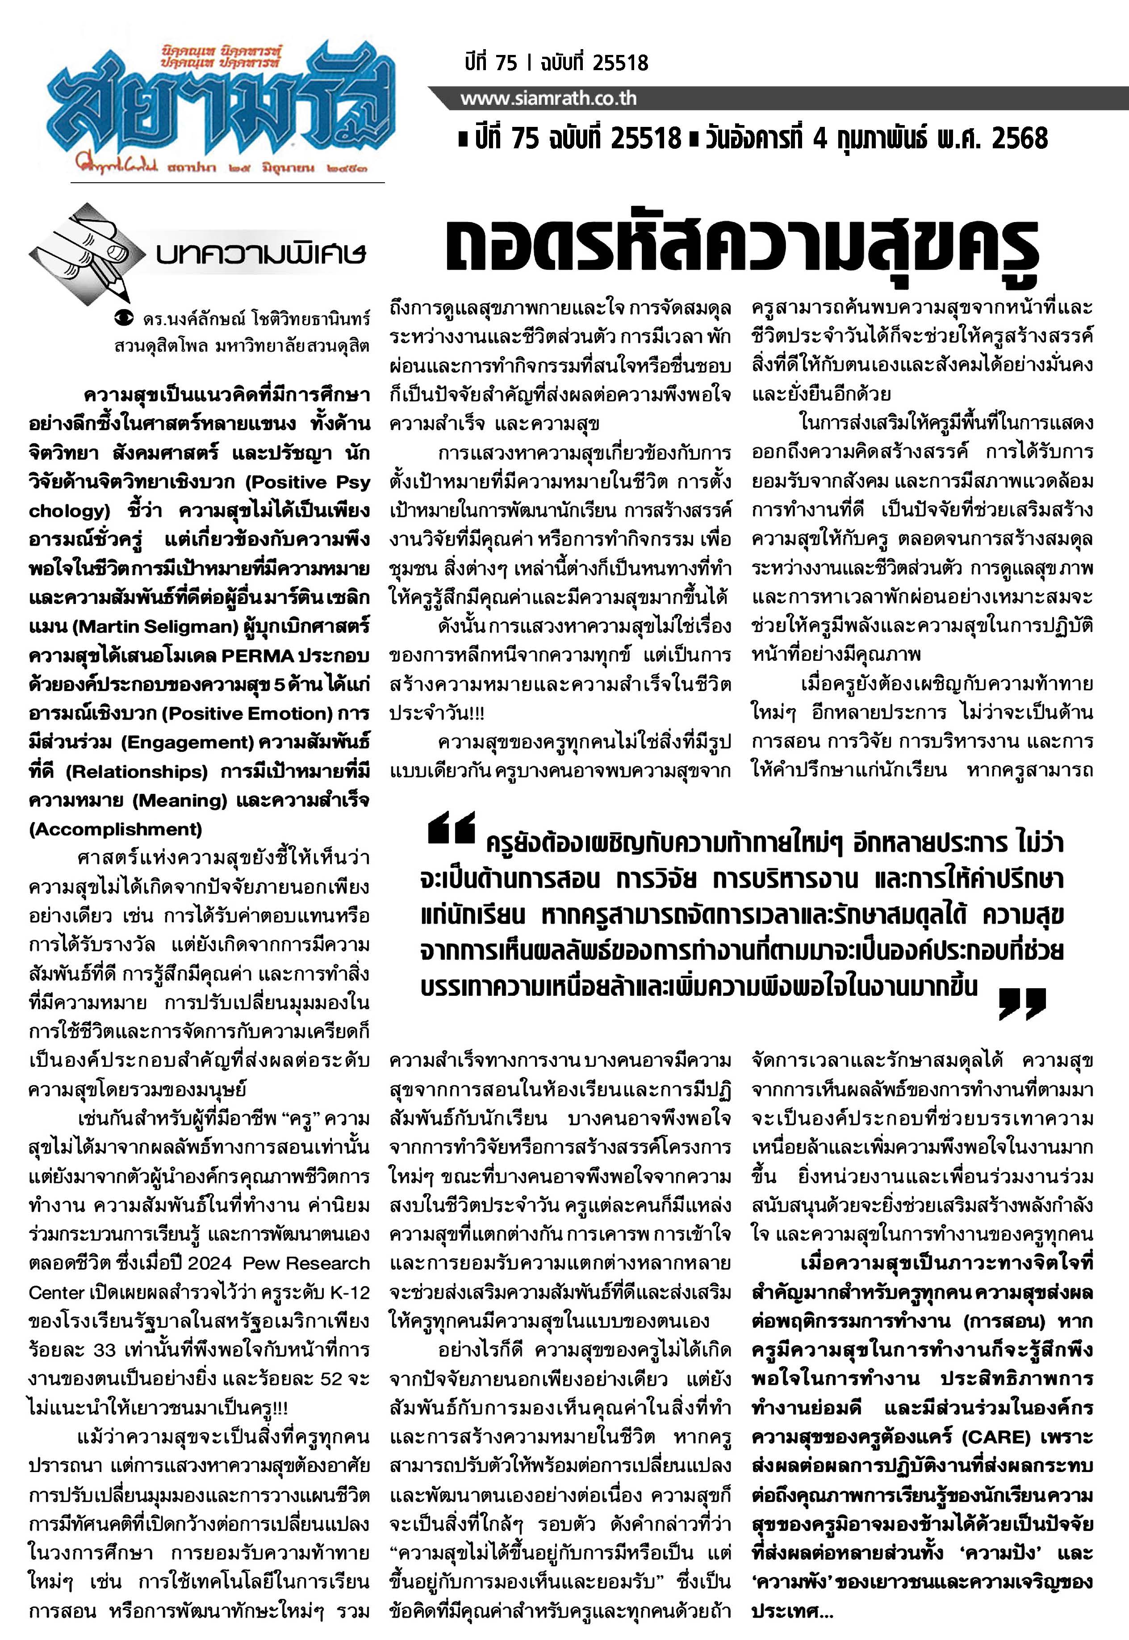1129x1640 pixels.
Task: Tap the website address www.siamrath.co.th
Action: [548, 98]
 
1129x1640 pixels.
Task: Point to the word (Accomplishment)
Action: [115, 829]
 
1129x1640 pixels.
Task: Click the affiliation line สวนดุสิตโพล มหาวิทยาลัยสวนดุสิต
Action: [241, 347]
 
